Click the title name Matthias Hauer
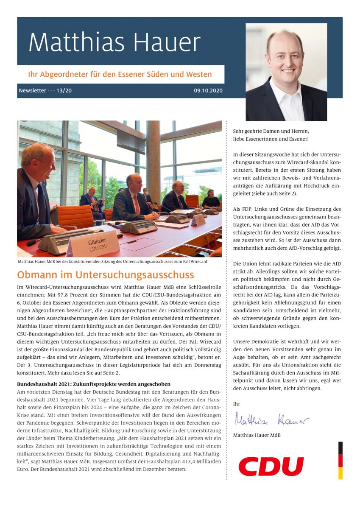point(114,42)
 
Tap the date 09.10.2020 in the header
point(208,91)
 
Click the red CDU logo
point(271,466)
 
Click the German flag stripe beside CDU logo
point(340,460)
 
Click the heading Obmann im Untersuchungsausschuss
point(106,275)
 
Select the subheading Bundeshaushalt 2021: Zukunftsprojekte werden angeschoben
point(94,384)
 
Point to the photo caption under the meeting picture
point(112,262)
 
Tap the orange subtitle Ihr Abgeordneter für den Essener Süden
point(120,75)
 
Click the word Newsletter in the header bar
point(32,91)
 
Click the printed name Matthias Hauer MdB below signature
point(257,435)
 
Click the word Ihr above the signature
point(237,403)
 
